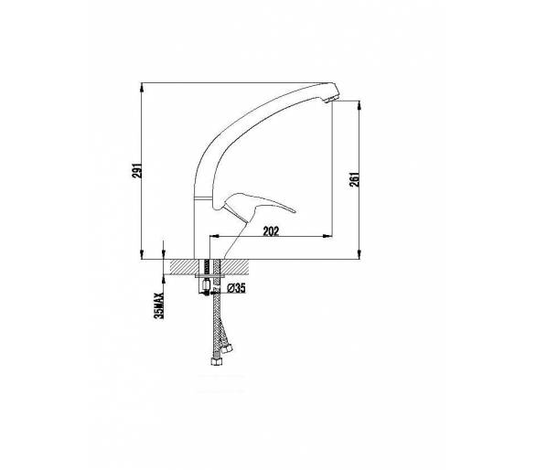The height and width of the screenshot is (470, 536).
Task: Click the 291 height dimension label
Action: pyautogui.click(x=137, y=170)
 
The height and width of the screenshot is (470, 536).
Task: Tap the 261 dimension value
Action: pyautogui.click(x=355, y=179)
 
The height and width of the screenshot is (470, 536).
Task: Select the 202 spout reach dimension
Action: pyautogui.click(x=271, y=231)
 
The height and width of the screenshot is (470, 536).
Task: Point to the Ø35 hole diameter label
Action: pyautogui.click(x=236, y=288)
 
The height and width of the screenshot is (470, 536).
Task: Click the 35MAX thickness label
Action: pyautogui.click(x=159, y=305)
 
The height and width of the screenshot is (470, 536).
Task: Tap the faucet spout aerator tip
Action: pyautogui.click(x=333, y=99)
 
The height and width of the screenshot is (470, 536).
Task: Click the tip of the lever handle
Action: pyautogui.click(x=294, y=211)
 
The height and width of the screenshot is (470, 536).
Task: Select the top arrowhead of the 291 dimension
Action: pyautogui.click(x=142, y=87)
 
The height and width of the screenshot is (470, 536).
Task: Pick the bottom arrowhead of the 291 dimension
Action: pyautogui.click(x=142, y=254)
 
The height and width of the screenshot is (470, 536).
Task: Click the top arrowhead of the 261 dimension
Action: pyautogui.click(x=359, y=105)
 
